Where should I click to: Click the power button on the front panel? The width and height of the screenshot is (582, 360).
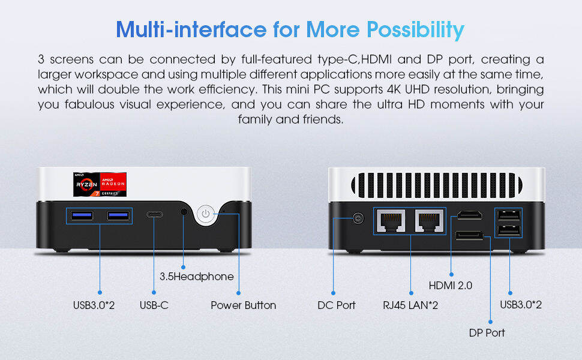point(206,214)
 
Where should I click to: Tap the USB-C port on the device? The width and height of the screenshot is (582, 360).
point(154,215)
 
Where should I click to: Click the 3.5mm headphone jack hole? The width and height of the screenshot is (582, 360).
point(184,212)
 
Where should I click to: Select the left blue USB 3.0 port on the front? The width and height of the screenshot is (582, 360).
point(82,215)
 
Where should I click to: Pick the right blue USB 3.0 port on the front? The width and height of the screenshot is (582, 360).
point(118,215)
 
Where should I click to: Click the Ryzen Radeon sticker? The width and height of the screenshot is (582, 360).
point(100,184)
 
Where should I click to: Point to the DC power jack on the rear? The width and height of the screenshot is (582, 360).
point(358,218)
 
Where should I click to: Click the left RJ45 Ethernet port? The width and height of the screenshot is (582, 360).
point(391,220)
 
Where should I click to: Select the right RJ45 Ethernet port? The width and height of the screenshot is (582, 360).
point(429,220)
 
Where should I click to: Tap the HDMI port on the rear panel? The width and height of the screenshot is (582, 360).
point(470,215)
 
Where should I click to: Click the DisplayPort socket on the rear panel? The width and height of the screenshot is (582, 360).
point(470,235)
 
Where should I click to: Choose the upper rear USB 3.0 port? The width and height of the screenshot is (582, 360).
point(509,215)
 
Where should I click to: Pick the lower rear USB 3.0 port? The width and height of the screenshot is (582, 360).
point(509,230)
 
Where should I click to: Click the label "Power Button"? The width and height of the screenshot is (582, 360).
point(244,305)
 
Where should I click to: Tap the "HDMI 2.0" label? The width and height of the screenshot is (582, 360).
point(450,286)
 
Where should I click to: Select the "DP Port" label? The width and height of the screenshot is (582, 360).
point(487,332)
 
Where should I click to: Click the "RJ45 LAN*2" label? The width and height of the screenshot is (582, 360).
point(410,305)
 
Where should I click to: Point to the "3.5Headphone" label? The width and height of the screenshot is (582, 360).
point(197,277)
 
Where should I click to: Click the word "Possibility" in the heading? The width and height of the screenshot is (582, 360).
point(415,29)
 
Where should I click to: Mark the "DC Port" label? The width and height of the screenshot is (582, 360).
point(336,305)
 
